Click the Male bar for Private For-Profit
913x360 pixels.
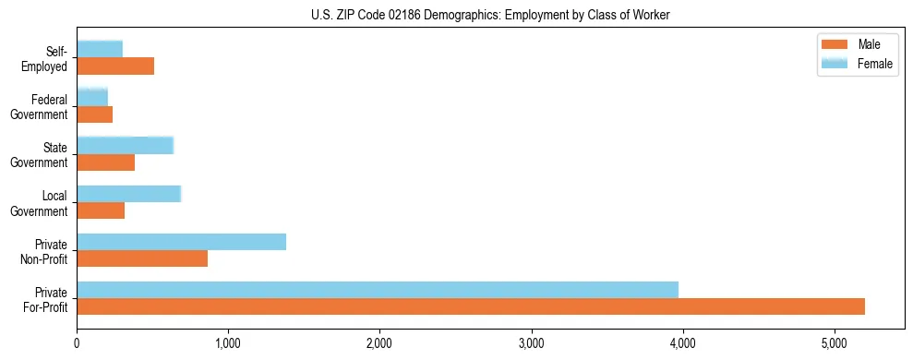pos(471,306)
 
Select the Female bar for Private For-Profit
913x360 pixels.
pos(378,290)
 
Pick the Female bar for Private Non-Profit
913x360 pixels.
pos(181,242)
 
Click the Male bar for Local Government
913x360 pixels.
pos(101,210)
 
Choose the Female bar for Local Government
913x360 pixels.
pos(128,194)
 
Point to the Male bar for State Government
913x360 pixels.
pos(105,162)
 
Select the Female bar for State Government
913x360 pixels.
pos(125,146)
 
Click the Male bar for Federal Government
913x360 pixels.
pos(94,114)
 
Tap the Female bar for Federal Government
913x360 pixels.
pos(92,98)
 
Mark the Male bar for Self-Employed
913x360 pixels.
pos(115,66)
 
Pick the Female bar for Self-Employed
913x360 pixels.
pos(100,50)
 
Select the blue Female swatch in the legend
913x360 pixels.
pos(835,63)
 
